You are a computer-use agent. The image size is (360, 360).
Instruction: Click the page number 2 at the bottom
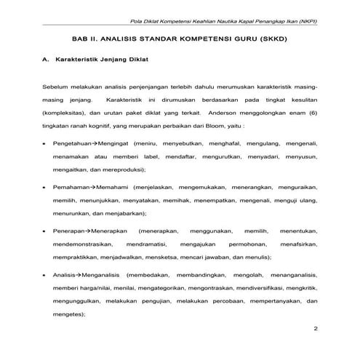[x=315, y=329]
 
